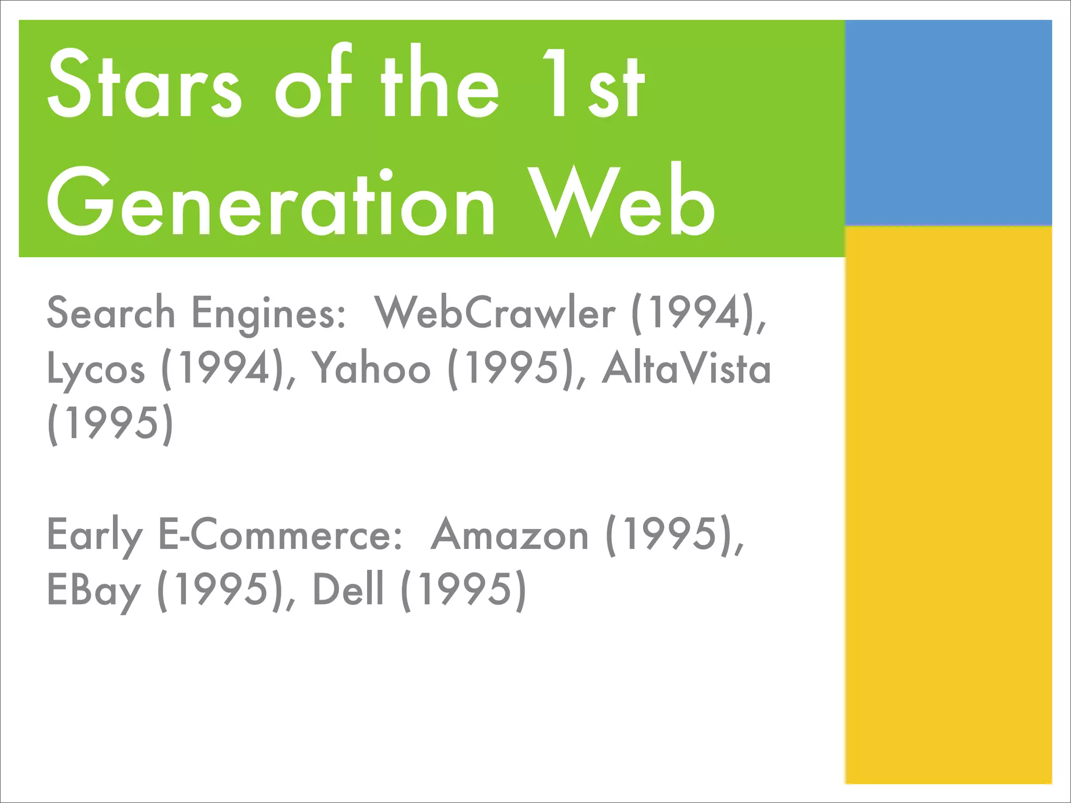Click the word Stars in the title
click(144, 84)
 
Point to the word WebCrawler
click(495, 313)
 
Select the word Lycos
click(96, 369)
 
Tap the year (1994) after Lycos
click(229, 369)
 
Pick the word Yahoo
click(371, 369)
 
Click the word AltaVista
click(686, 369)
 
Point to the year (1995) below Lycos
click(110, 423)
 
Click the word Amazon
click(509, 535)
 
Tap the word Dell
click(348, 590)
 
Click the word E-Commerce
click(280, 535)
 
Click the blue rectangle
click(948, 123)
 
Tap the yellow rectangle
click(948, 504)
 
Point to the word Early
click(95, 535)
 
